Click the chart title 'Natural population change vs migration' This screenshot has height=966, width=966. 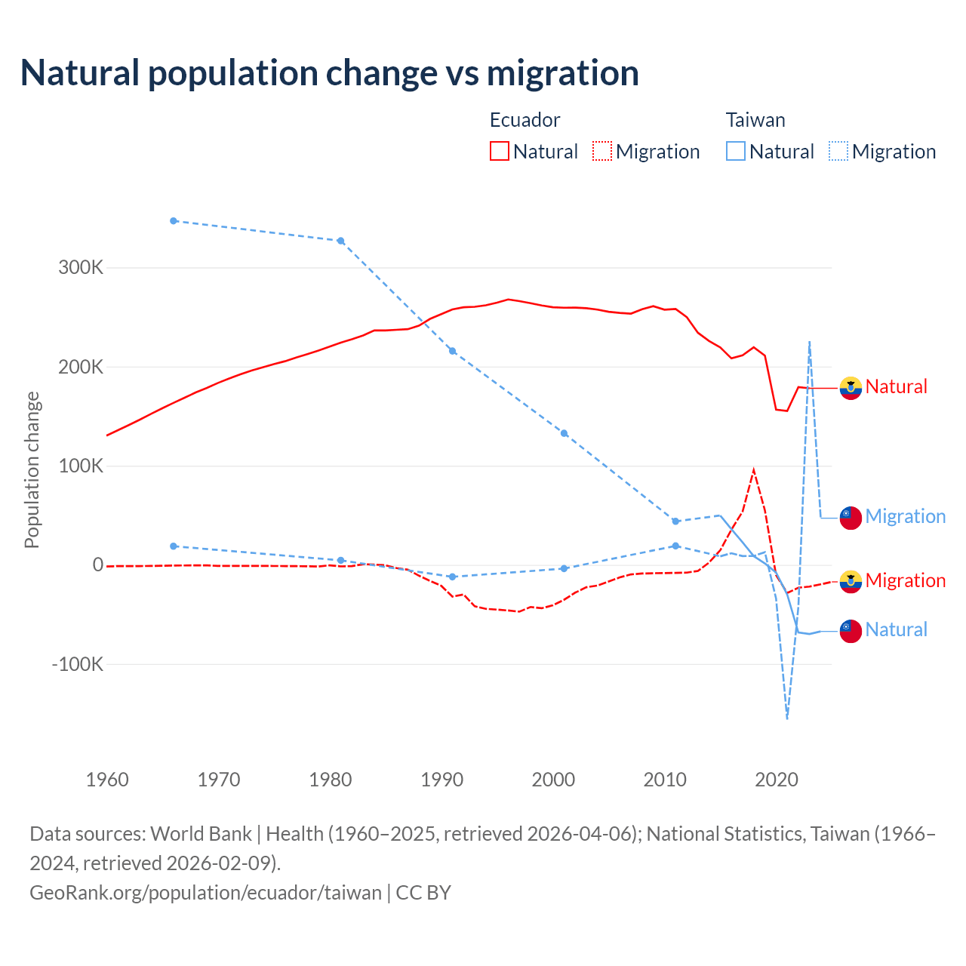[330, 73]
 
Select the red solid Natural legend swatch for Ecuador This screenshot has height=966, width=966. [500, 151]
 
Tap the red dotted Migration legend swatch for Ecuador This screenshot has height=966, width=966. [602, 151]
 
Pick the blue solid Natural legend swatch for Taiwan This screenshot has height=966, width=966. [736, 151]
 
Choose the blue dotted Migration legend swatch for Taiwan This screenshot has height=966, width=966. [838, 151]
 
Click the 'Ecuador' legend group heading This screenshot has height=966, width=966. [525, 120]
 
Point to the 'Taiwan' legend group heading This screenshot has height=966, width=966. [755, 120]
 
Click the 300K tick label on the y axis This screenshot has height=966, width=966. [81, 268]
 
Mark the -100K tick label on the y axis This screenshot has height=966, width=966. [77, 665]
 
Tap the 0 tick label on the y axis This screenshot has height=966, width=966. [97, 565]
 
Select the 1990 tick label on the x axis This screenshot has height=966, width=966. [441, 780]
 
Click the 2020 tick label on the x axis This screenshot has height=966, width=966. [777, 780]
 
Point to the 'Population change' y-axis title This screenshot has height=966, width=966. [32, 469]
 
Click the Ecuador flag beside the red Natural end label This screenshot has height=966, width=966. [851, 388]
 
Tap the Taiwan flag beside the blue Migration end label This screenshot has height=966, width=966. [851, 518]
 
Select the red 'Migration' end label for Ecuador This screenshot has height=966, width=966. [905, 580]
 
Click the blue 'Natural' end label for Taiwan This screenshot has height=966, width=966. [896, 629]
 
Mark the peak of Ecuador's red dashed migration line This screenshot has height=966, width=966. [753, 470]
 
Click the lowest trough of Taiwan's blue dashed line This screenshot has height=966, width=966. [787, 718]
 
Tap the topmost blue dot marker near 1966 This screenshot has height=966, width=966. [174, 221]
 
